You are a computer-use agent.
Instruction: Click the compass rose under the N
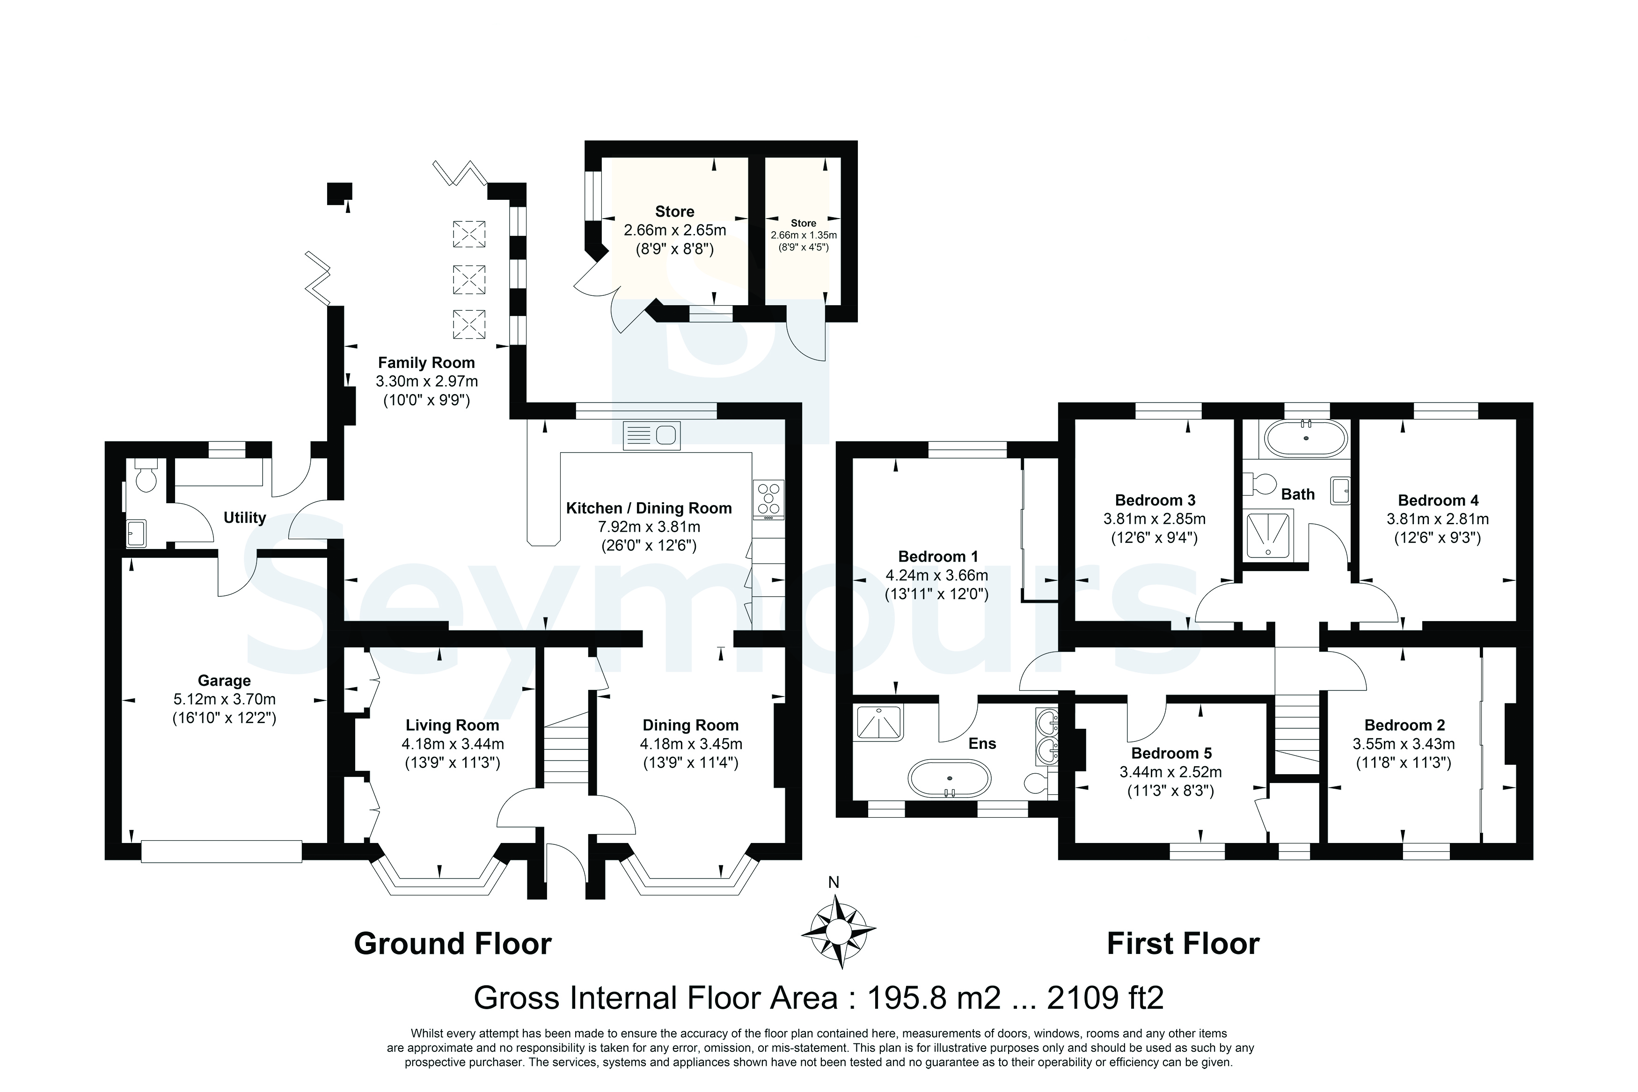[x=838, y=931]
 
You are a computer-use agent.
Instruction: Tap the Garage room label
[x=224, y=681]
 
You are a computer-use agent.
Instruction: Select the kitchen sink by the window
[x=651, y=436]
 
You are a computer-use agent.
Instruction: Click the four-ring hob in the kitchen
[x=768, y=499]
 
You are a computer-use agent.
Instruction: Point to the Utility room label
[x=244, y=517]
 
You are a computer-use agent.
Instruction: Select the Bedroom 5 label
[x=1171, y=753]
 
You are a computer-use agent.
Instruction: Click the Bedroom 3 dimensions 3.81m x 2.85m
[x=1155, y=519]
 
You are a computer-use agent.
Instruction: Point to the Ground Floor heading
[x=453, y=944]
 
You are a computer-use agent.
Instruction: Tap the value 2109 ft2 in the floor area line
[x=1105, y=998]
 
